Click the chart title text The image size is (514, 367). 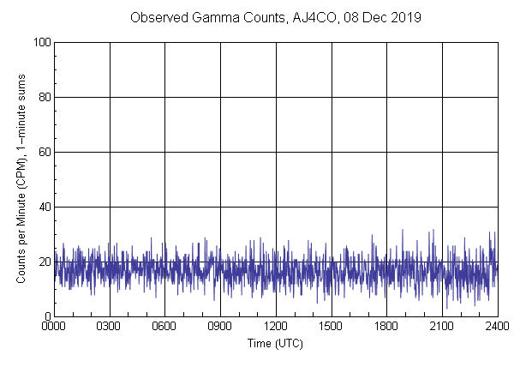tap(275, 17)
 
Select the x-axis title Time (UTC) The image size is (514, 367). tap(275, 343)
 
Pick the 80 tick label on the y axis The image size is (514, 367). tap(44, 98)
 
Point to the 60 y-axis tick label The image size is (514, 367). tap(44, 153)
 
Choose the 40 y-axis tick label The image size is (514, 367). tap(44, 208)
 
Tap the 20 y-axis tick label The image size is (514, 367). tap(44, 262)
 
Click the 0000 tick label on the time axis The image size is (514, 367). tap(55, 327)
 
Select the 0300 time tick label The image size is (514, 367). tap(110, 327)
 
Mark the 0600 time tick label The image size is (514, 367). tap(165, 327)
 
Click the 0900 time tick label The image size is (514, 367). tap(220, 327)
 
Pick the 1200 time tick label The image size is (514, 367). tap(276, 327)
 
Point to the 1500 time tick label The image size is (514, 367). tap(332, 327)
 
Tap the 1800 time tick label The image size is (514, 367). tap(386, 327)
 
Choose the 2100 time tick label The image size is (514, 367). tap(442, 327)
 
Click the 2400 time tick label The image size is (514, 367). tap(497, 327)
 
